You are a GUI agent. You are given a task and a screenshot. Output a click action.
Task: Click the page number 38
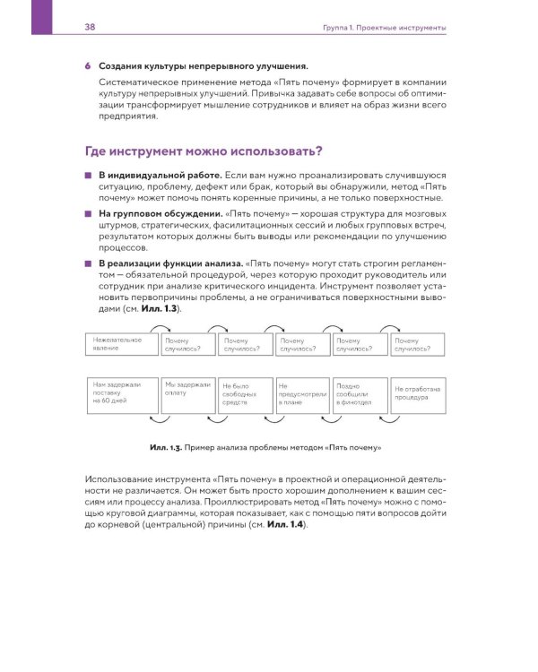(x=90, y=29)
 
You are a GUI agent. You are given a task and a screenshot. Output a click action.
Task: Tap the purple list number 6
(x=87, y=66)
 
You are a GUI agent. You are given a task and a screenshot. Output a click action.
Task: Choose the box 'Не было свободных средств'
(x=245, y=393)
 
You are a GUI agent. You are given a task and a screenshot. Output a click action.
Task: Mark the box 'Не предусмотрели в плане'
(x=302, y=393)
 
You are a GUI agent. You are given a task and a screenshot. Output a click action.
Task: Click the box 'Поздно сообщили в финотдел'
(x=359, y=393)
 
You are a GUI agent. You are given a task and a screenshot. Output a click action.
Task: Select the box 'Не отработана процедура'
(x=417, y=393)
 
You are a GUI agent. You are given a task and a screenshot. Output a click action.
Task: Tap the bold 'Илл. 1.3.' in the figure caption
(x=167, y=445)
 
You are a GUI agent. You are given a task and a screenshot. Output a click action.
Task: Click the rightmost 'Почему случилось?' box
(x=417, y=345)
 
